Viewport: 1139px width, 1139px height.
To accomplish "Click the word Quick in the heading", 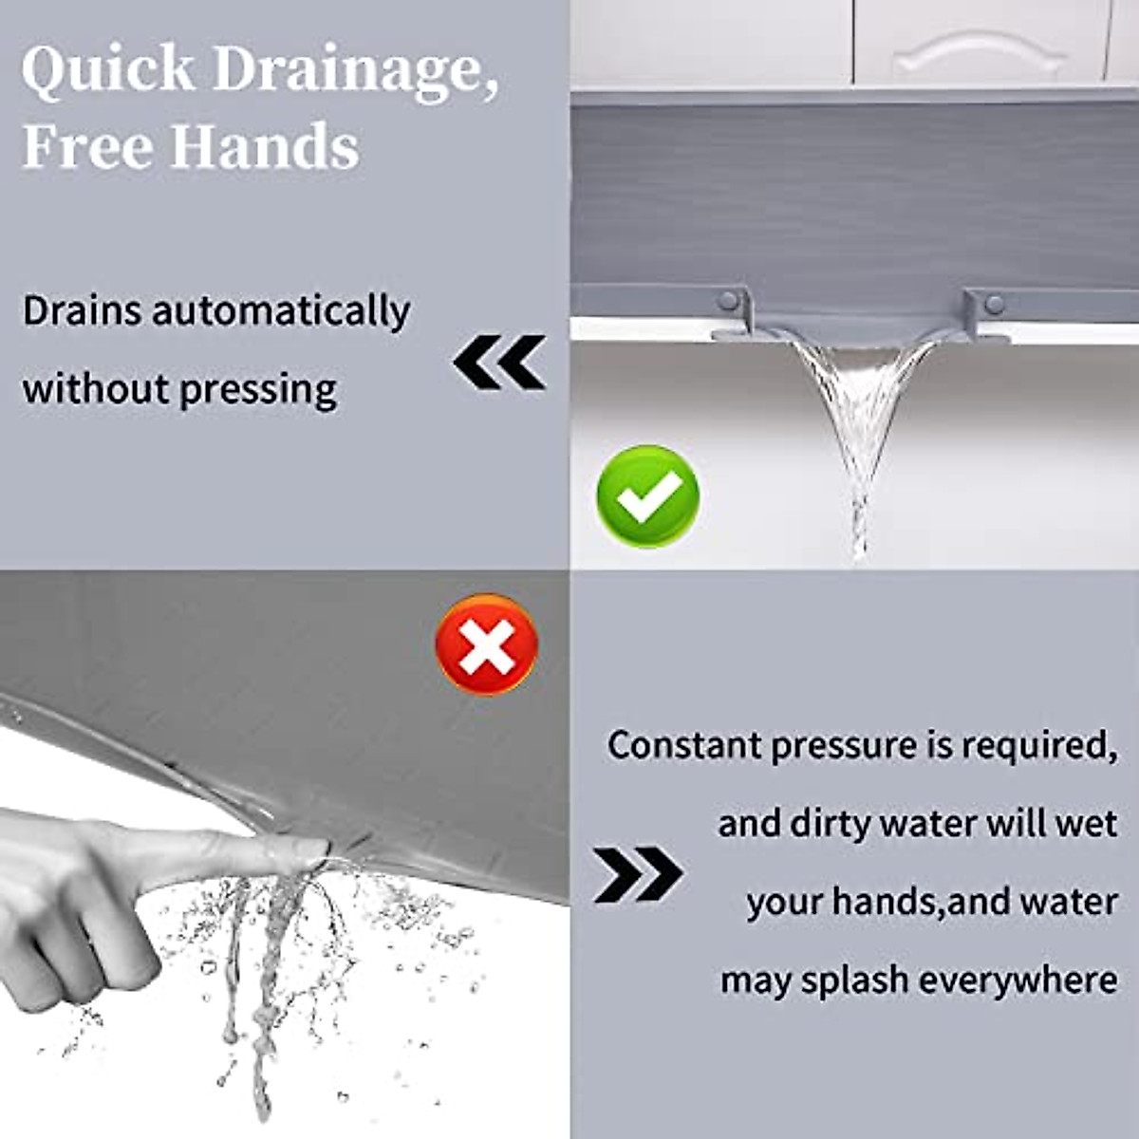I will point(107,70).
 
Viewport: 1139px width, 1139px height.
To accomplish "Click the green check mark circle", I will point(647,495).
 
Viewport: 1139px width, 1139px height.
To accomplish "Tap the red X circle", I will point(487,644).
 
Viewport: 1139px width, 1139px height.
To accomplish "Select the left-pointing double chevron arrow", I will point(499,362).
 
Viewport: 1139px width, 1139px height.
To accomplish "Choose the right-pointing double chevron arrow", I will point(638,874).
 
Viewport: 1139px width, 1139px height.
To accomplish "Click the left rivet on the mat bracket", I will point(728,302).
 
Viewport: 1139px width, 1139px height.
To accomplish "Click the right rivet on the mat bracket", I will point(994,304).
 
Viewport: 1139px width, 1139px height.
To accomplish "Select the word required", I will point(1039,746).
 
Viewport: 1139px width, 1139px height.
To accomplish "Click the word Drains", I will point(81,311).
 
